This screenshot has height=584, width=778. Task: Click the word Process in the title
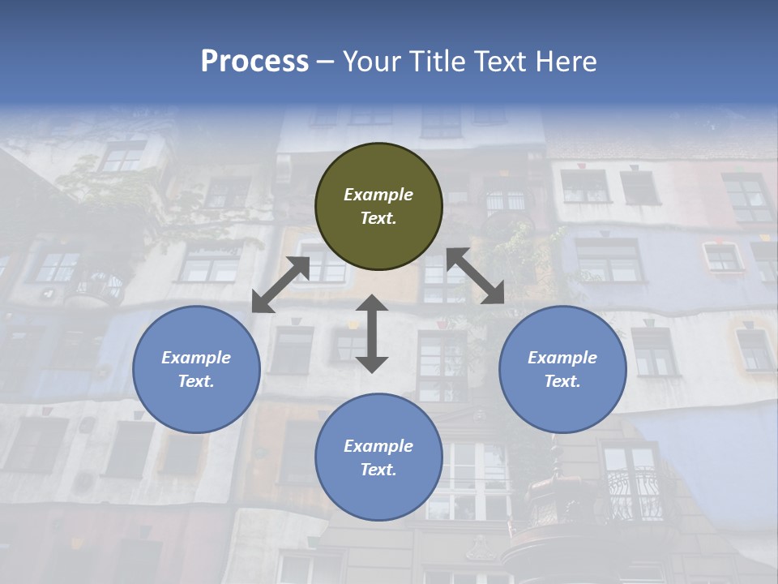254,61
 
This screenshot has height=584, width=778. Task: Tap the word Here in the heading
567,61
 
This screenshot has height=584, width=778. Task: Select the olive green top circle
378,207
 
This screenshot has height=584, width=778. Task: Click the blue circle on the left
196,369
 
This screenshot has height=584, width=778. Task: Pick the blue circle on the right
562,369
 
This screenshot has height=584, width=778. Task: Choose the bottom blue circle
378,457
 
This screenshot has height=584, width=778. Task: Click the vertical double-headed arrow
372,333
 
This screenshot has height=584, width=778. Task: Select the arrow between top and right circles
475,276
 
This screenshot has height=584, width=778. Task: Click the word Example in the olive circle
378,195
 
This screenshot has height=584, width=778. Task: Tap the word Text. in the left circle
196,381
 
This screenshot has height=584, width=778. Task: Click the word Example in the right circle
562,358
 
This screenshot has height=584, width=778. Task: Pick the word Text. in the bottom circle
378,470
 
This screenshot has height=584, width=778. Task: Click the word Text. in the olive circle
378,218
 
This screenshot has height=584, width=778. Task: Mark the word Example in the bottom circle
378,446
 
